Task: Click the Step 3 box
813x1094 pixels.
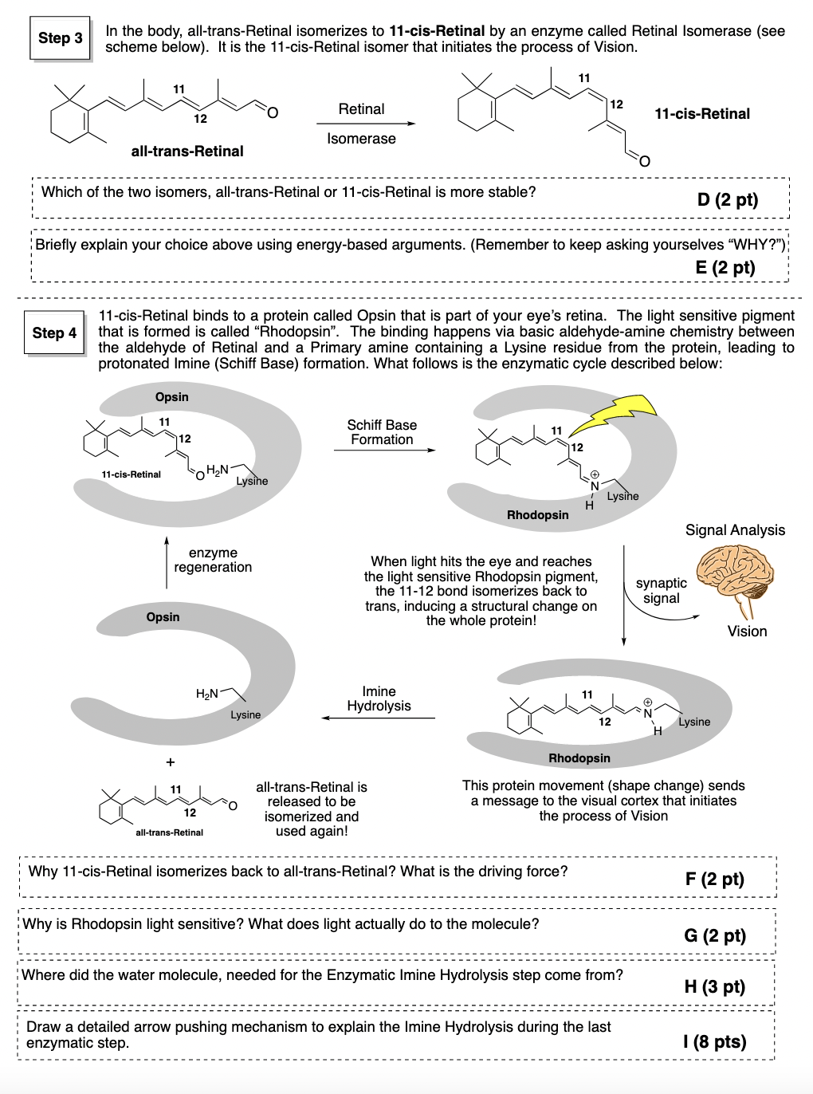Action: click(x=61, y=38)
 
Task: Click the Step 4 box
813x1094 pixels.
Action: click(x=54, y=333)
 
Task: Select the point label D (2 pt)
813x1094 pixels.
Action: click(x=727, y=199)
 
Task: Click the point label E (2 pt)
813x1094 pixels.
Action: click(x=725, y=267)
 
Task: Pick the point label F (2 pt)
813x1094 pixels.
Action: click(x=714, y=879)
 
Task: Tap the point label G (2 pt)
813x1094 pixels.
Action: click(x=715, y=935)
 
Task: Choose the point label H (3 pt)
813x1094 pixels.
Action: click(x=714, y=986)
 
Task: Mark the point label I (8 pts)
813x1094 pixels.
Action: click(x=714, y=1041)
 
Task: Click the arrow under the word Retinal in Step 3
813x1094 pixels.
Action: click(x=365, y=124)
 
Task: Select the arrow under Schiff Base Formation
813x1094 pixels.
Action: click(x=384, y=451)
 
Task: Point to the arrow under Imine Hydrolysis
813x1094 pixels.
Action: click(x=379, y=718)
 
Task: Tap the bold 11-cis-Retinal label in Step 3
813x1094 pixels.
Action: click(x=701, y=114)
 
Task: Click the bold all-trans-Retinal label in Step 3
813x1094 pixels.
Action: click(x=187, y=152)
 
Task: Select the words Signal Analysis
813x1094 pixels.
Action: click(x=735, y=530)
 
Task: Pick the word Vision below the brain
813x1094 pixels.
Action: click(x=747, y=632)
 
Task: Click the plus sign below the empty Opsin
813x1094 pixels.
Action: click(x=170, y=762)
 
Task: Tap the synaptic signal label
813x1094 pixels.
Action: click(x=661, y=591)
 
